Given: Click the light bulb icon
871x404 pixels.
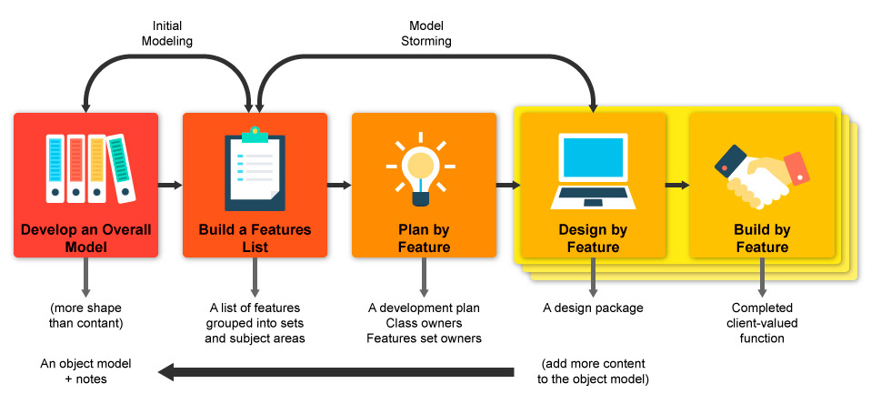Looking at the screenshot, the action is tap(421, 167).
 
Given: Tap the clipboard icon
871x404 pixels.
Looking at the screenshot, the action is tap(255, 168).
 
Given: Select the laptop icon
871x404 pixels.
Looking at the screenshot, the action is tap(593, 171).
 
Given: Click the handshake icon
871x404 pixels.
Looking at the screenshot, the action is tap(762, 176).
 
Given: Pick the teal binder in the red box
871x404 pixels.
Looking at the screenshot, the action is tap(121, 167).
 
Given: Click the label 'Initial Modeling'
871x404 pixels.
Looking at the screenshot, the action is tap(167, 34).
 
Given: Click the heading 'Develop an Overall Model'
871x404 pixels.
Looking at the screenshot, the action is tap(86, 237).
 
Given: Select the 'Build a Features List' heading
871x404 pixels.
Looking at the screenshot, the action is tap(255, 237).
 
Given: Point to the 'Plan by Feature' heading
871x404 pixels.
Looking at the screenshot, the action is tap(424, 237).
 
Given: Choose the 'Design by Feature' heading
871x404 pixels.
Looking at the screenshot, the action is tap(593, 237).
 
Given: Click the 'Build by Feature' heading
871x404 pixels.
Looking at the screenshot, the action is tap(762, 237).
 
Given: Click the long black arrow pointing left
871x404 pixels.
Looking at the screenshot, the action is tap(336, 372).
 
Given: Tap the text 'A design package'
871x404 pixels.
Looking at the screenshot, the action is tap(593, 308).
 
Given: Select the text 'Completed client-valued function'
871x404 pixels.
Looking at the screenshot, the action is tap(762, 323).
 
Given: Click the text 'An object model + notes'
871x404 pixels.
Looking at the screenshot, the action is tap(85, 372).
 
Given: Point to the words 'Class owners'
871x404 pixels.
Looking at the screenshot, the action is tap(424, 323).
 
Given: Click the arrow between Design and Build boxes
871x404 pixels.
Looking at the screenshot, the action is tap(677, 185).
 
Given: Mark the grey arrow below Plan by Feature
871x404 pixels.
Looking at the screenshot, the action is tap(424, 277).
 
